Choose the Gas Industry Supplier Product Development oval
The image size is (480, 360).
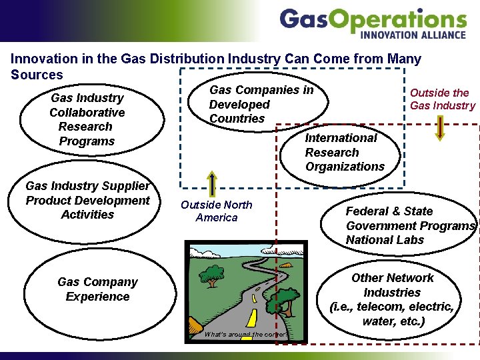coord(87,200)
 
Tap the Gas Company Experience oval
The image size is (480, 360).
coord(97,289)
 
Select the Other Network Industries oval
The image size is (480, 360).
coord(393,299)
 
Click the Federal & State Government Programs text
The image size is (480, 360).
coord(409,225)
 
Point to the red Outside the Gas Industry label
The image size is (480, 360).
coord(442,99)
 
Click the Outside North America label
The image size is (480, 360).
coord(217,211)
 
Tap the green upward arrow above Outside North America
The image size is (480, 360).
coord(212,183)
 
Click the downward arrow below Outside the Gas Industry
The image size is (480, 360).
coord(439,127)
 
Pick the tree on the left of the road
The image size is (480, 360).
coord(213,274)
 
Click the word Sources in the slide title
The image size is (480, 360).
coord(37,75)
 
